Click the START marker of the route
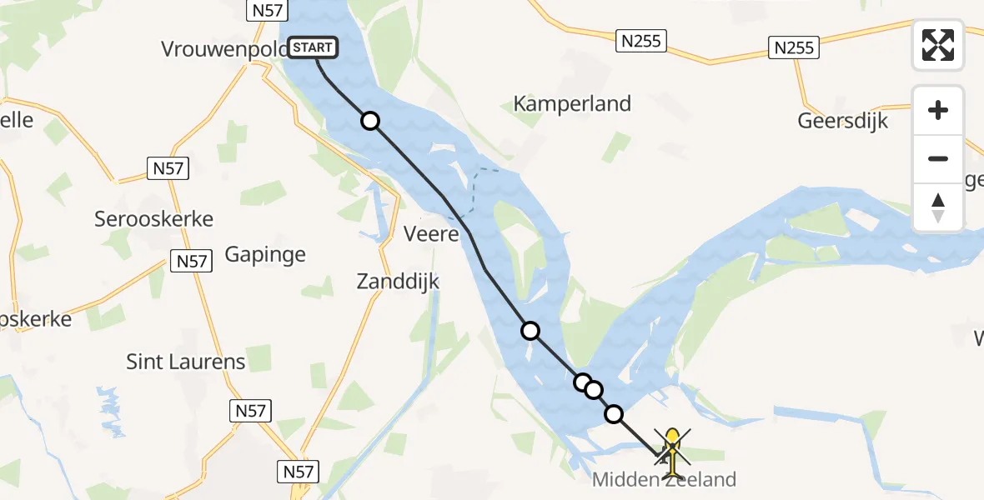pos(313,47)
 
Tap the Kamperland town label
pos(572,104)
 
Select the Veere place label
pos(431,234)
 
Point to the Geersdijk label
pos(842,121)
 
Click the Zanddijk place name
pos(398,282)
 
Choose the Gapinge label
pos(265,255)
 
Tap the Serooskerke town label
pos(153,220)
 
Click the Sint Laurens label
pos(186,362)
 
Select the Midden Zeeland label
pos(664,480)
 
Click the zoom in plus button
pos(938,110)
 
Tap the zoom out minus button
pos(938,158)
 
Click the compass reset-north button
pos(938,207)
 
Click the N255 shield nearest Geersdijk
pos(793,47)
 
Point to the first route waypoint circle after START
pos(370,122)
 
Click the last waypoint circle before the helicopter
pos(614,413)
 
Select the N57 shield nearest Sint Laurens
pos(250,410)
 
